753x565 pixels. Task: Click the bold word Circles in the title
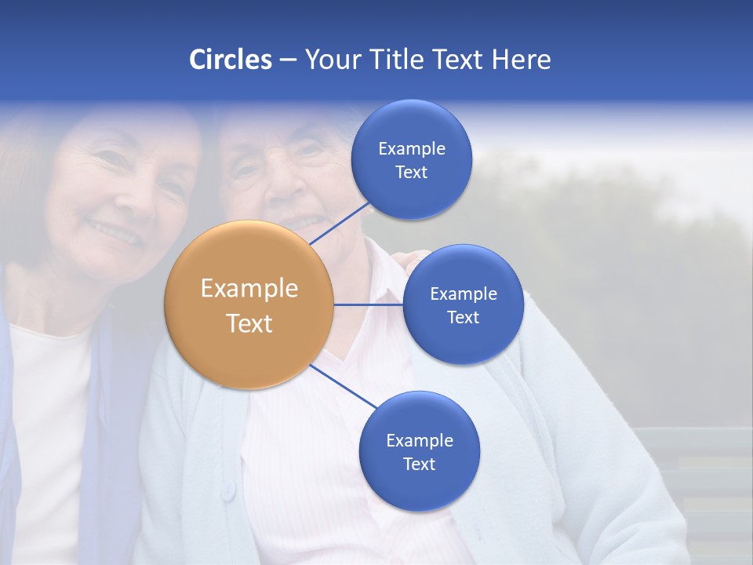tap(230, 60)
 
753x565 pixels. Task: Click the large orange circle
tap(249, 304)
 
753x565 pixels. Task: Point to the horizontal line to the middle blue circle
tap(369, 304)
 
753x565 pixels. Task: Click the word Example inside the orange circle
tap(249, 288)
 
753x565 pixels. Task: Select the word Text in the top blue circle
tap(412, 173)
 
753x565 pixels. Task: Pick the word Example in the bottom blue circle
tap(420, 440)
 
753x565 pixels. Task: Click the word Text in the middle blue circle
tap(464, 317)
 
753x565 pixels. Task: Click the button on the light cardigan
tap(228, 490)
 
